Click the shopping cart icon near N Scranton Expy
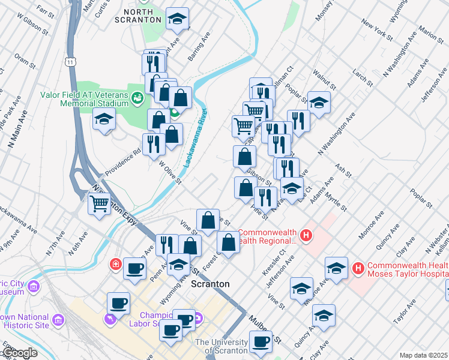pyautogui.click(x=100, y=203)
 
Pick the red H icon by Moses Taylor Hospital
pyautogui.click(x=358, y=266)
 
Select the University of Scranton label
pyautogui.click(x=221, y=346)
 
